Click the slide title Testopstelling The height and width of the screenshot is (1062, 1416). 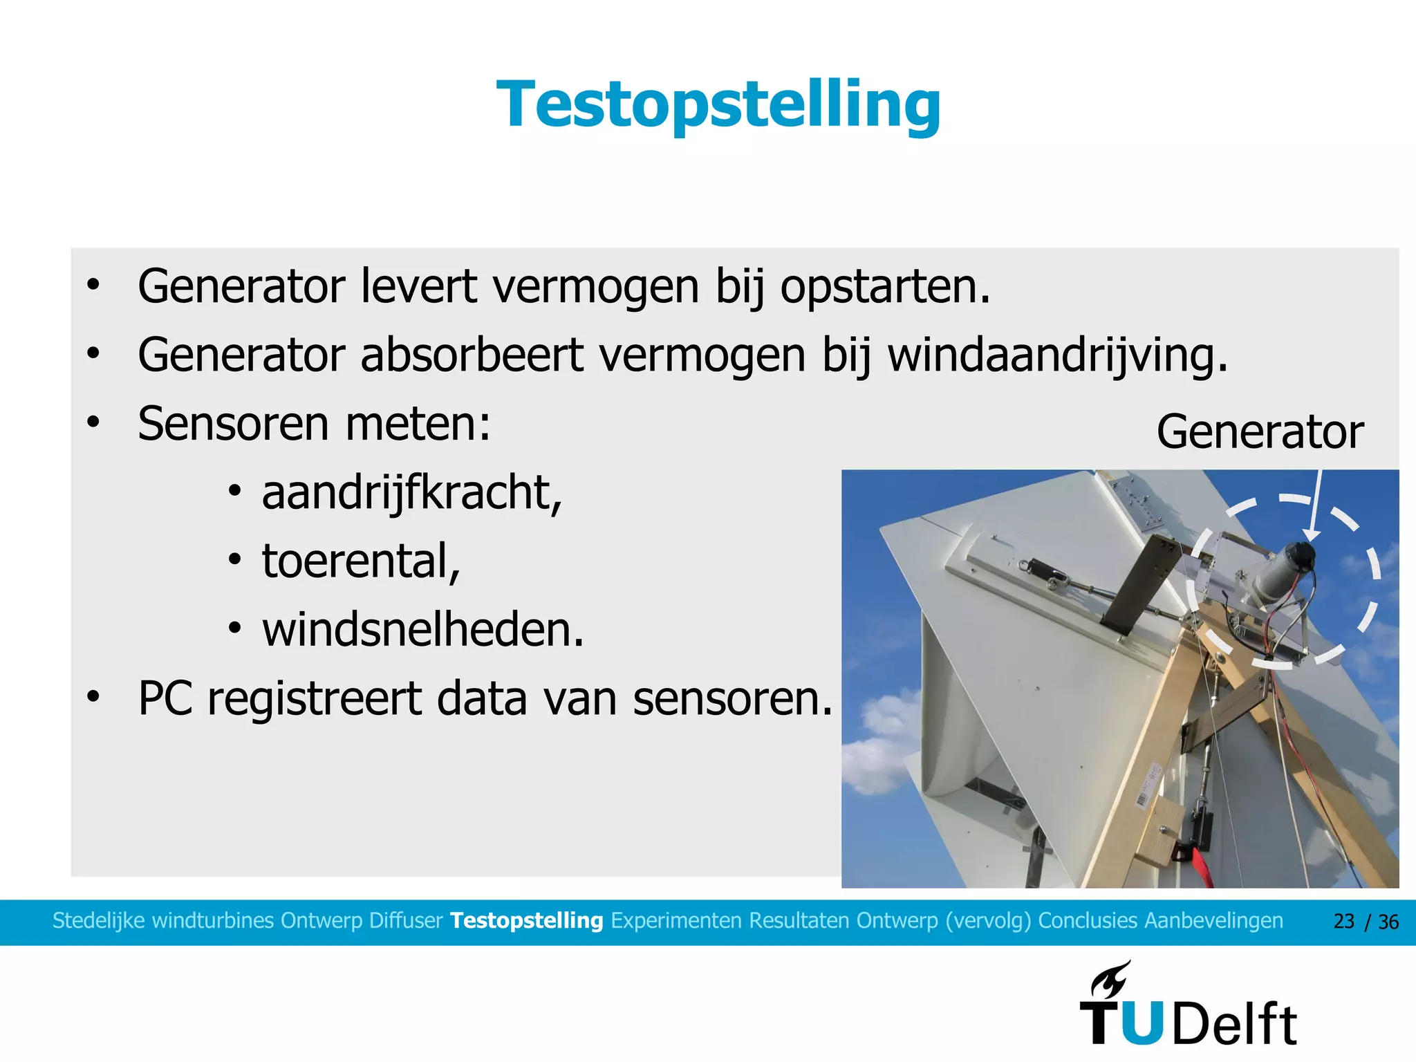tap(718, 105)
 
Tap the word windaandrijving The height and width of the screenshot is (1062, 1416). tap(1057, 355)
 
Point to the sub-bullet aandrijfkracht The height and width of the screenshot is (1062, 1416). tap(411, 493)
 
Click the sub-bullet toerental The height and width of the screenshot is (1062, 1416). tap(360, 561)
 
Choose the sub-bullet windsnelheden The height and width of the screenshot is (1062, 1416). tap(422, 630)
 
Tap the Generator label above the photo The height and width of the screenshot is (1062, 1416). tap(1260, 432)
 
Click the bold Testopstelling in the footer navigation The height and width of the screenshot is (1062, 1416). tap(526, 921)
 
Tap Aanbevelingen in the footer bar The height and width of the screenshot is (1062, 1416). tap(1213, 921)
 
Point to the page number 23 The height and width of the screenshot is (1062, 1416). tap(1343, 922)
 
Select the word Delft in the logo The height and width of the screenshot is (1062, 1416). tap(1236, 1024)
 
